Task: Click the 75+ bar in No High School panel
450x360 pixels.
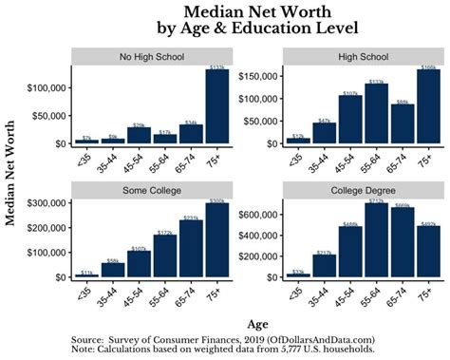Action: point(217,107)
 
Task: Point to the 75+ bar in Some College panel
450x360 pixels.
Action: point(217,241)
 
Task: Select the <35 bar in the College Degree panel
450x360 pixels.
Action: point(298,275)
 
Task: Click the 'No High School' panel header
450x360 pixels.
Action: point(151,56)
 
